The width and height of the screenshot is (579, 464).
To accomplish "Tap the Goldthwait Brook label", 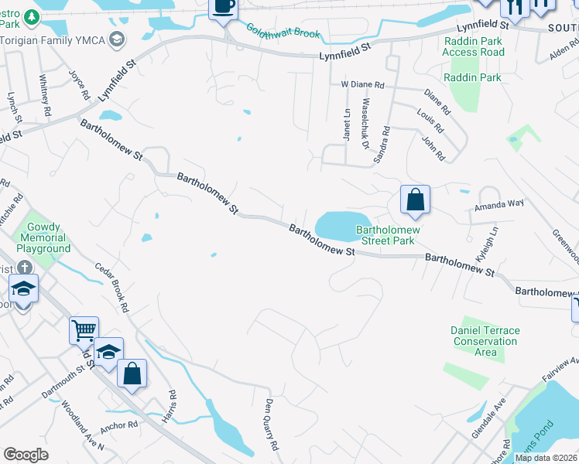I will pyautogui.click(x=283, y=32).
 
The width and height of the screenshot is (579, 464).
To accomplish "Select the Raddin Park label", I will pyautogui.click(x=472, y=77).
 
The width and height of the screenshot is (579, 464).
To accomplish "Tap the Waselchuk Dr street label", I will pyautogui.click(x=367, y=125).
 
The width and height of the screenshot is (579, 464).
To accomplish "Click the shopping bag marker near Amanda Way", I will pyautogui.click(x=416, y=200).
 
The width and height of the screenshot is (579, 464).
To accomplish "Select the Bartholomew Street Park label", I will pyautogui.click(x=388, y=235).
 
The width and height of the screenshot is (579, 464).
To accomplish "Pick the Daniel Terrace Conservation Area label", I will pyautogui.click(x=485, y=341).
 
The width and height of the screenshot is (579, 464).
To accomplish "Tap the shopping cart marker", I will pyautogui.click(x=84, y=330).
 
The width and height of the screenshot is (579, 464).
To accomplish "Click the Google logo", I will pyautogui.click(x=26, y=455).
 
